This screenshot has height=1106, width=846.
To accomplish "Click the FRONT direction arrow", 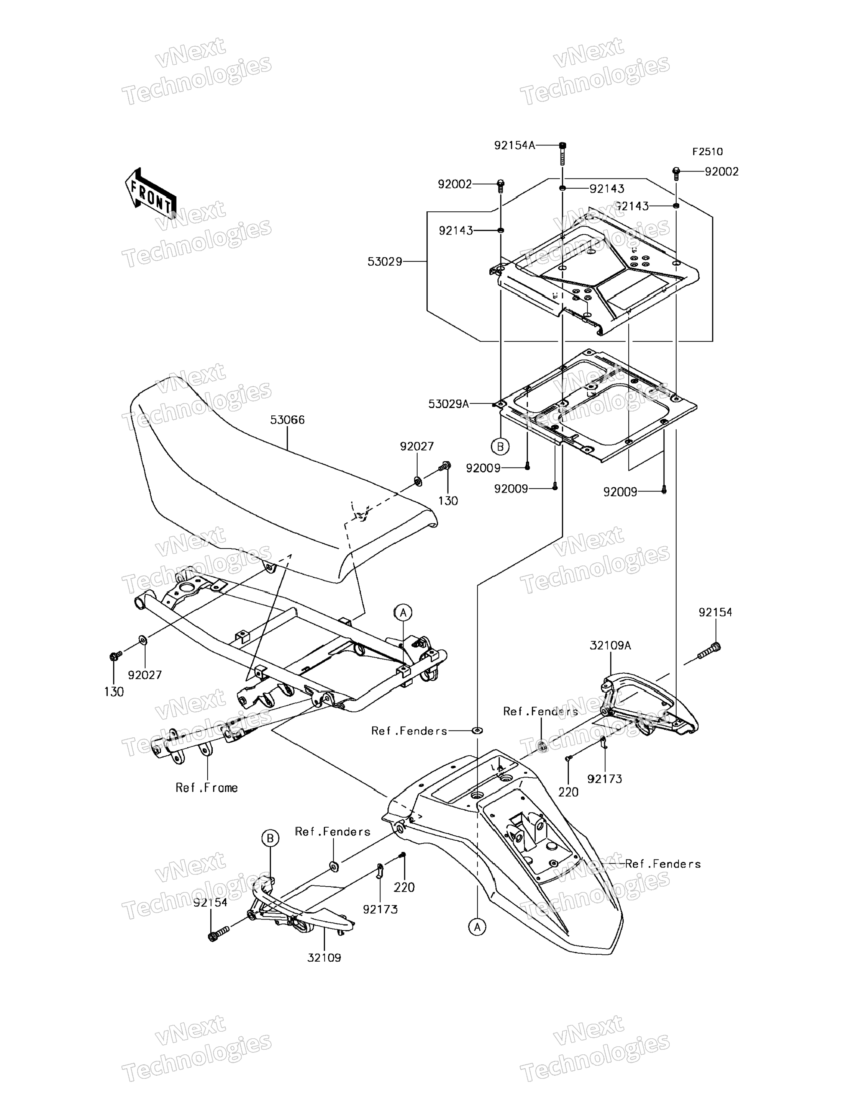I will click(x=150, y=194).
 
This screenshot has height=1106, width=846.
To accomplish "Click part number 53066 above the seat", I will click(x=287, y=420).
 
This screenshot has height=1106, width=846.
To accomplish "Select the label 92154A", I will click(x=514, y=145).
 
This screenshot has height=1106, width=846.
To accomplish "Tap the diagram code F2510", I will click(x=707, y=152).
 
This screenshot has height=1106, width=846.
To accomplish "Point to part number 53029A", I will click(x=448, y=404).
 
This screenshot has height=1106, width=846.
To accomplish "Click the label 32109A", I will click(x=610, y=645).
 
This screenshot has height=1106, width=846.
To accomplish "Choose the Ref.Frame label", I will click(x=207, y=787).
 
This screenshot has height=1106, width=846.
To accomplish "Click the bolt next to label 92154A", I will click(x=562, y=154).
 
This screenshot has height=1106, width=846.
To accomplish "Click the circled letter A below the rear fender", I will click(x=477, y=926).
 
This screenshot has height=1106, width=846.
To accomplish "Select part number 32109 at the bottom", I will click(x=324, y=957).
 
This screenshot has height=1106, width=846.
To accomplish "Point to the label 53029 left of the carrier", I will click(x=385, y=261).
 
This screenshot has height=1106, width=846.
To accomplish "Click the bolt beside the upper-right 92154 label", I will click(x=710, y=650).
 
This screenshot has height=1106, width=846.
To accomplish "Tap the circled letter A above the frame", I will click(x=403, y=613).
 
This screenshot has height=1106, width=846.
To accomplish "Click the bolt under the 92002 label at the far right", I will click(x=676, y=173).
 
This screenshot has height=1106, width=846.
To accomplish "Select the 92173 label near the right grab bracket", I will click(x=604, y=779).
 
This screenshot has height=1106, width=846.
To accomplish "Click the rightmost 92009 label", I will click(x=620, y=492).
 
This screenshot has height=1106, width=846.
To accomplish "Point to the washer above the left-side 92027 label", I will click(x=143, y=640).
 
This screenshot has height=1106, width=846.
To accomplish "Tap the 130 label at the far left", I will click(x=114, y=692).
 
